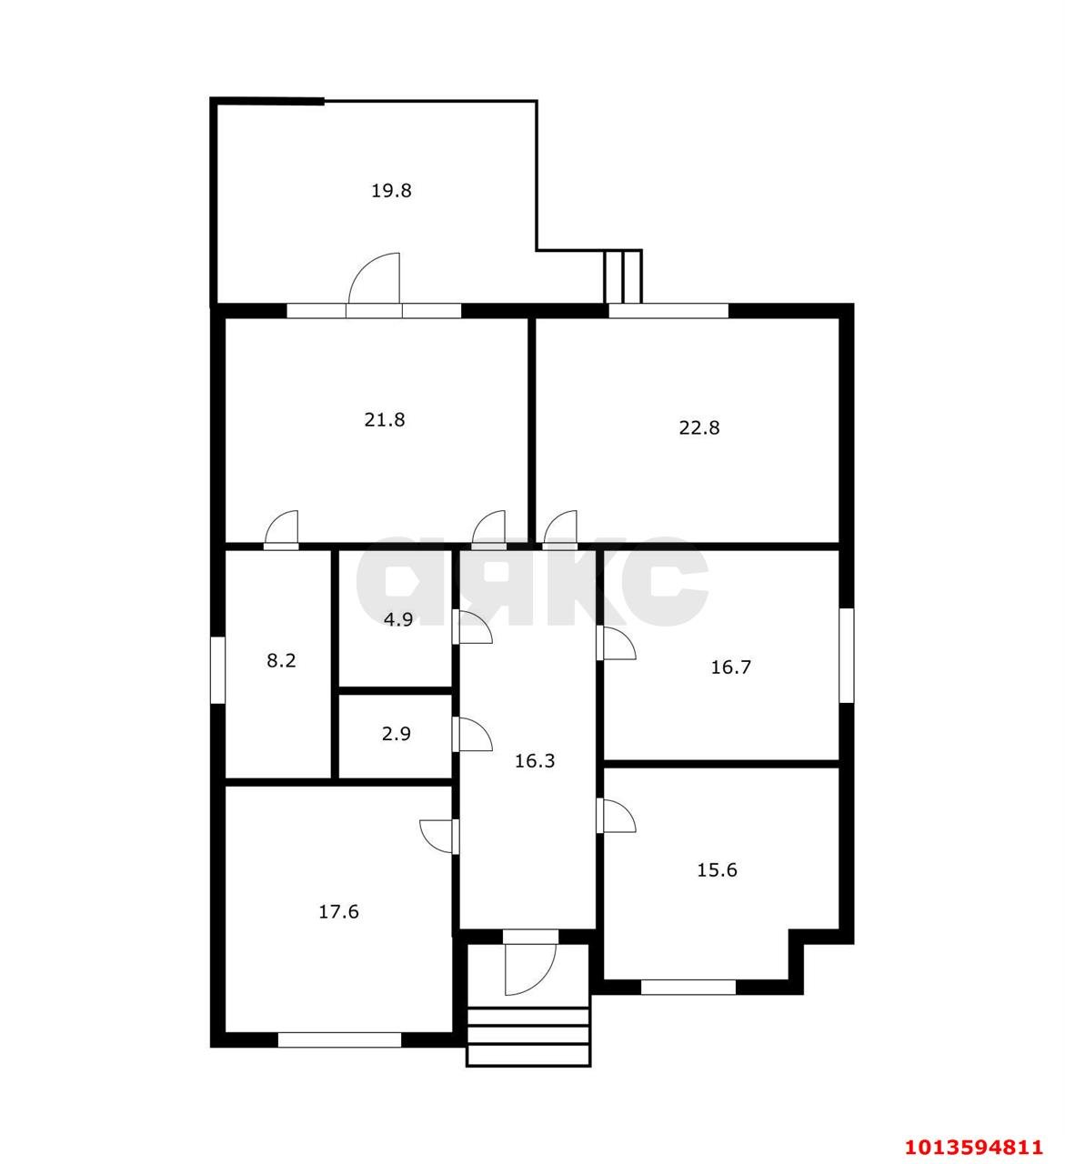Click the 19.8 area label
point(391,190)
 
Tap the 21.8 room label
point(384,419)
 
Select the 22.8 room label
point(698,427)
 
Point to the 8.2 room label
point(281,660)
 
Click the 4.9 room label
point(398,619)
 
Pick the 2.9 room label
point(396,734)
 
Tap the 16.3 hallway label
point(535,760)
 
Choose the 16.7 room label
point(730,667)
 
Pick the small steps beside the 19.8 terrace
point(623,276)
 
